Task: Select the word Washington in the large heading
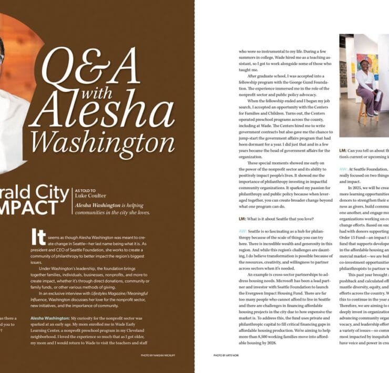(x=102, y=141)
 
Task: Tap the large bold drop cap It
(x=38, y=237)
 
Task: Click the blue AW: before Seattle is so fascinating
(x=242, y=231)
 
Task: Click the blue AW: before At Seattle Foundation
(x=343, y=169)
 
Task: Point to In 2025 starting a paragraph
(x=357, y=187)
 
